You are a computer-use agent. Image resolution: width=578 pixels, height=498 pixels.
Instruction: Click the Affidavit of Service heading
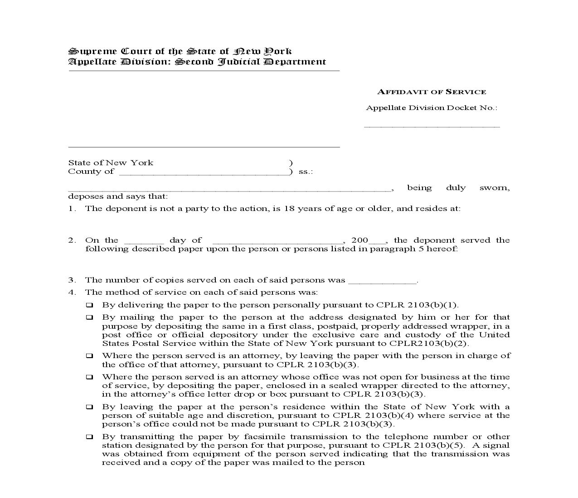coord(432,92)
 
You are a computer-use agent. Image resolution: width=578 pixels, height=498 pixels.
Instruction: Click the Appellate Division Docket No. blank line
coord(432,126)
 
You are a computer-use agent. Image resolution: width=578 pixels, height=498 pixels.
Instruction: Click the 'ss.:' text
coord(306,172)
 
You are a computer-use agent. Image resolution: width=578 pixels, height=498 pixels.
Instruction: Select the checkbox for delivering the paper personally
coord(90,305)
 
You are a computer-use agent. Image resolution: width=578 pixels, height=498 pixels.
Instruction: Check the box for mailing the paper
coord(90,317)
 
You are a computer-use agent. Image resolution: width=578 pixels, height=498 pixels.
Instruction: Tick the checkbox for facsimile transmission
coord(90,437)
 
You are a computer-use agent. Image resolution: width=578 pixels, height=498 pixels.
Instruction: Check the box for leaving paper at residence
coord(90,407)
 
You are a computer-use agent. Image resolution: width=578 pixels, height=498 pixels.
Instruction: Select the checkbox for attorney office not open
coord(90,377)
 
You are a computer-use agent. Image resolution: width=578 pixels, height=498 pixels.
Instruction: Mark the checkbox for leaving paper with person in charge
coord(90,356)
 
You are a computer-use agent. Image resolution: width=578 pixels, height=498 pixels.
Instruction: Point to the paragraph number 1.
coord(71,209)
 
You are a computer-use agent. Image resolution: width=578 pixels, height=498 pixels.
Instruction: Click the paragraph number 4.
coord(71,292)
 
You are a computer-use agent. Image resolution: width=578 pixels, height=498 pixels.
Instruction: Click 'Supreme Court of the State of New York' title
coord(180,51)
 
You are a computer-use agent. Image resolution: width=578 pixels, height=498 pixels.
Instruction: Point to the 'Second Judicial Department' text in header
coord(250,62)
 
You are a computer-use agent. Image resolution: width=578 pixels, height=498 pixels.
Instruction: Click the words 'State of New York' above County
coord(111,163)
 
